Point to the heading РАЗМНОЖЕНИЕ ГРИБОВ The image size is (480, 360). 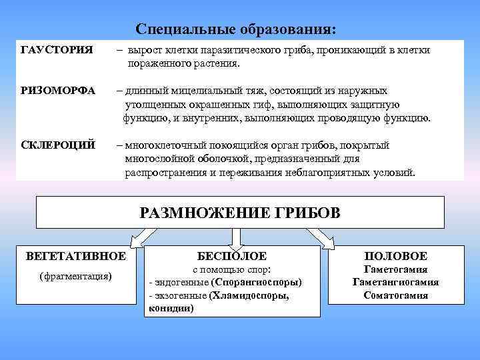click(x=239, y=213)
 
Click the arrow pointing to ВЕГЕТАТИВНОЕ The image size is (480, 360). click(x=141, y=237)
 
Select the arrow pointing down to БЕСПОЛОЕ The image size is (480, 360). click(x=236, y=238)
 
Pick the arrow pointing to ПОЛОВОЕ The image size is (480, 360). click(x=329, y=237)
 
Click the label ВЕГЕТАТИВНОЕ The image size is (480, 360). click(x=75, y=256)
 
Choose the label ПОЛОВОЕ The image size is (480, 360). click(x=396, y=257)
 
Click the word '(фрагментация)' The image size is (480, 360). click(x=75, y=276)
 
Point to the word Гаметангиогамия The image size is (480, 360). click(x=395, y=282)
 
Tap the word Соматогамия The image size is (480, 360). click(x=396, y=295)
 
